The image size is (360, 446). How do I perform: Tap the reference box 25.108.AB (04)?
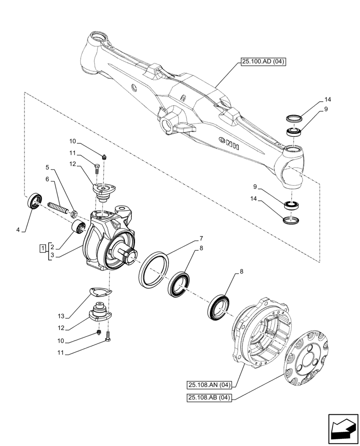tap(209, 398)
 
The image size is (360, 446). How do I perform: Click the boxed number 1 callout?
tap(42, 248)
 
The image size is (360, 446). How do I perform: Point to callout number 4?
tap(18, 230)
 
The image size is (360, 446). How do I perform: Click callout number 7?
tap(202, 238)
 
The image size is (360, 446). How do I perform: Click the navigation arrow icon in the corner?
tap(343, 429)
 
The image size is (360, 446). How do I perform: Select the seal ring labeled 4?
tap(35, 201)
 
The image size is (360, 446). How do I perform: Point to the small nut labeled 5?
tap(74, 212)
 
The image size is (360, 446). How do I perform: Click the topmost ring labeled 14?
tap(294, 118)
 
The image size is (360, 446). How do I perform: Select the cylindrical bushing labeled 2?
tap(80, 227)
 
